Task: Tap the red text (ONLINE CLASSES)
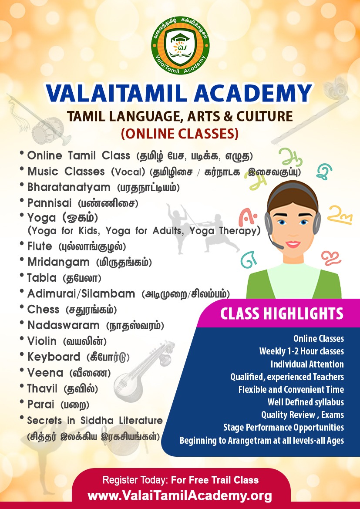(180, 133)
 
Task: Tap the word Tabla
(42, 278)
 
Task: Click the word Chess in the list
(43, 309)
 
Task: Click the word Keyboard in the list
(54, 357)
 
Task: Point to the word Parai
(40, 405)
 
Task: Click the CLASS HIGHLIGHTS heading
(282, 313)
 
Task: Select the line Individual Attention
(307, 364)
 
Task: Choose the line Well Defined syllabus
(306, 402)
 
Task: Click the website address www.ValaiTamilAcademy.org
(180, 496)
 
